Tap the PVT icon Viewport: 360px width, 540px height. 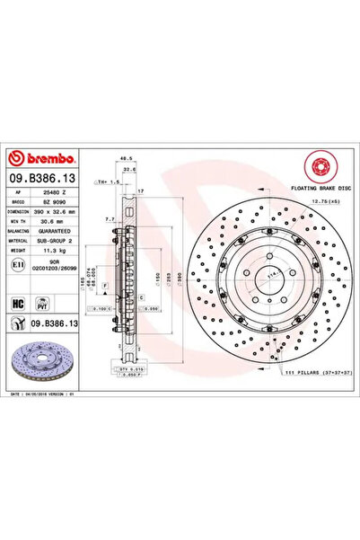40,303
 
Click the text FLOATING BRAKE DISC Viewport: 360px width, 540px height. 316,186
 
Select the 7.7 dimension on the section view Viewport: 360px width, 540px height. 108,218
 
